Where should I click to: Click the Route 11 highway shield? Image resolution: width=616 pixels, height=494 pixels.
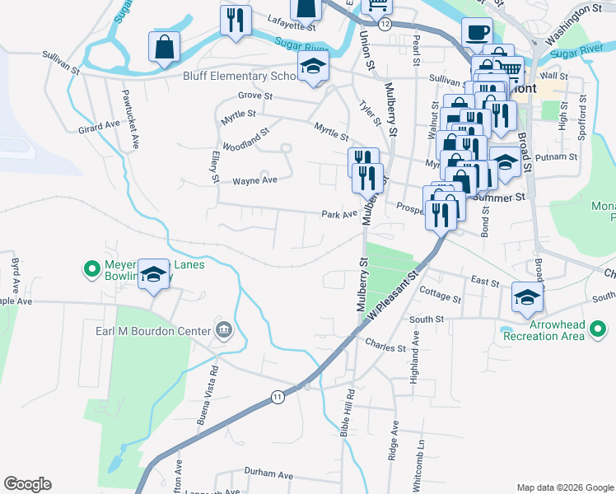(x=278, y=397)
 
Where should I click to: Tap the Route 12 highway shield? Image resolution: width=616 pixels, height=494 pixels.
(x=385, y=24)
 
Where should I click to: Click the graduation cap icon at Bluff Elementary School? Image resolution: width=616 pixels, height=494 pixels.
(x=313, y=69)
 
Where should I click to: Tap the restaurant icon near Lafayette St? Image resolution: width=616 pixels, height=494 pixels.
(x=236, y=20)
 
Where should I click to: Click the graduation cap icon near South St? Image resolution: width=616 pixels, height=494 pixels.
(x=527, y=297)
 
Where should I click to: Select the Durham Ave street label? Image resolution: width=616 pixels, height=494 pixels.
(x=268, y=475)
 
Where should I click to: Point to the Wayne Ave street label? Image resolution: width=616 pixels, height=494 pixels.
(x=251, y=181)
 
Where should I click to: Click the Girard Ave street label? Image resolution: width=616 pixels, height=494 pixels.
(x=99, y=127)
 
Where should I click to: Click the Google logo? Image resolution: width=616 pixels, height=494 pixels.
(x=27, y=484)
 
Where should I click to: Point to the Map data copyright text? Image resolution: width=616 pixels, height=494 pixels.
(x=564, y=487)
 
